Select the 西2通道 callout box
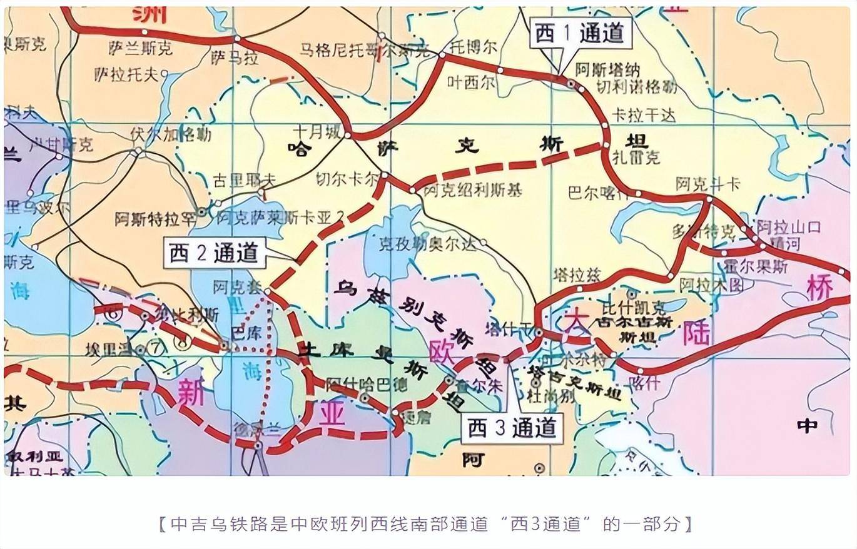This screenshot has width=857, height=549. coord(214,253)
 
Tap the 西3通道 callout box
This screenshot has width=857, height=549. coord(512,428)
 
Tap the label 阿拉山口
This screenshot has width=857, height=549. coord(788,226)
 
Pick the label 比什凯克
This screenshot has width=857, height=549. coord(634,307)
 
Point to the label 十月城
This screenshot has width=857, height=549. coord(318,131)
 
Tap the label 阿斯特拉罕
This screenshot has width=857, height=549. coord(155,219)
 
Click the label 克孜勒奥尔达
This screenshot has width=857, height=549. coord(428,244)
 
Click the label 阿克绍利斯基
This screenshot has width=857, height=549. coord(473,191)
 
